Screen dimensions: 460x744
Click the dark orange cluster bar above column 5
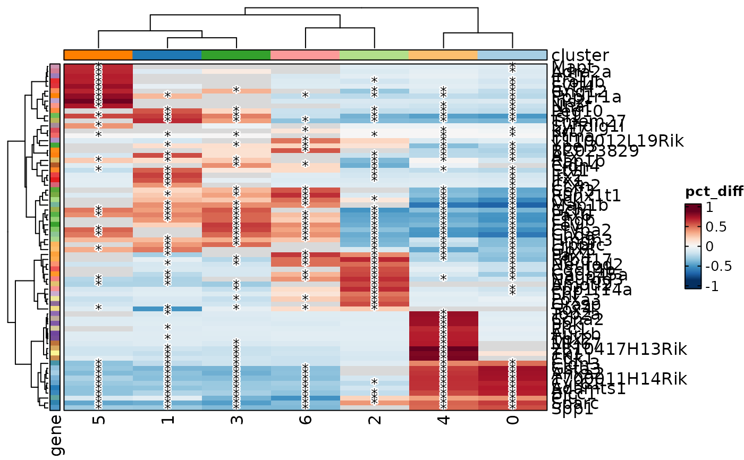coord(98,55)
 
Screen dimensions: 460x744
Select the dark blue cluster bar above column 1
coord(167,55)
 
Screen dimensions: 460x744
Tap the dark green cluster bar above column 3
coord(236,55)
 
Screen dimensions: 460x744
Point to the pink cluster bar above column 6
coord(306,55)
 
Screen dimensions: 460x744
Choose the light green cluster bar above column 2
coord(375,55)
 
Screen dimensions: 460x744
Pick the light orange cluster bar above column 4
coord(444,55)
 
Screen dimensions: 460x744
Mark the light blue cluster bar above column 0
coord(512,55)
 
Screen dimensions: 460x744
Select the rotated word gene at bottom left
coord(55,435)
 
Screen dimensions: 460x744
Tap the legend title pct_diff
coord(714,192)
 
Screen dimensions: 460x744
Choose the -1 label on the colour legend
coord(712,286)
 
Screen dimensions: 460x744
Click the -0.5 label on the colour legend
coord(717,267)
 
